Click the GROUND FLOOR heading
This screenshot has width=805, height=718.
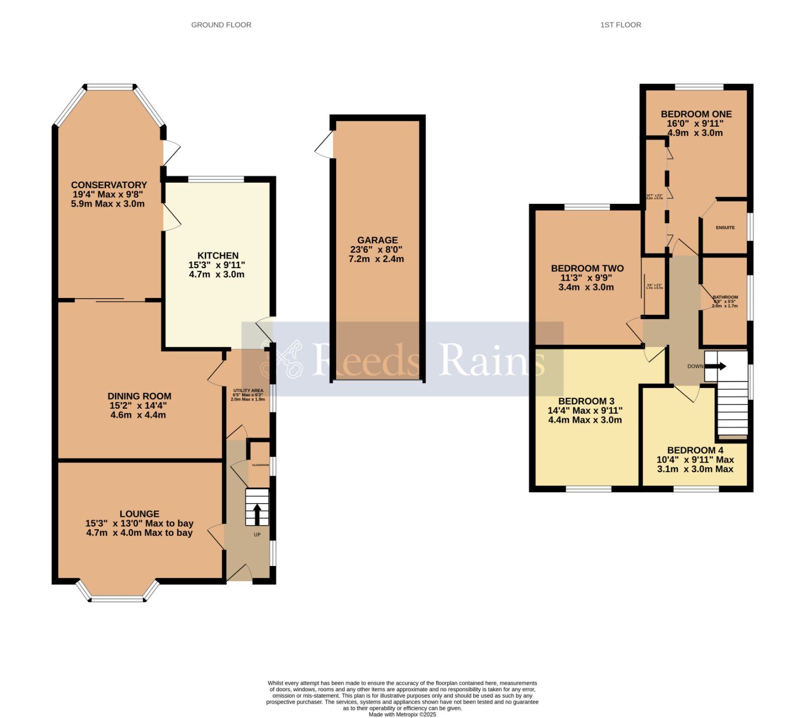(221, 25)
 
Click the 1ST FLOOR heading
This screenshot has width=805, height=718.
(620, 25)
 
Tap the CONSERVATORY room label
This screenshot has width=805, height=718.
(109, 185)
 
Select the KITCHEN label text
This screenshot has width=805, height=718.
(217, 256)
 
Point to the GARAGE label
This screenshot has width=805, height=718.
(377, 241)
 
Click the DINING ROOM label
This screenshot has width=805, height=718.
(139, 396)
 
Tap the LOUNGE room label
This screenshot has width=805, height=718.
(139, 514)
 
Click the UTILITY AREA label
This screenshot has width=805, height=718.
(248, 390)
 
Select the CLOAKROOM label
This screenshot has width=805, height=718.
(260, 465)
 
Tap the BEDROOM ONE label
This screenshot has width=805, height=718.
(696, 114)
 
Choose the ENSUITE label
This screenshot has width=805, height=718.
(725, 228)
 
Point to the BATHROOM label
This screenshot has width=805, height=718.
(725, 297)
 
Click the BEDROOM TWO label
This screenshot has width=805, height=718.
(587, 269)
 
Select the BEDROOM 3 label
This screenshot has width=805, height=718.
(586, 401)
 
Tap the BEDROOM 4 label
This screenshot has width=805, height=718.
(695, 450)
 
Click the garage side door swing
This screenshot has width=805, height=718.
(325, 145)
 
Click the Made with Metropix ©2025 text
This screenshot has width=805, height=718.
(402, 714)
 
